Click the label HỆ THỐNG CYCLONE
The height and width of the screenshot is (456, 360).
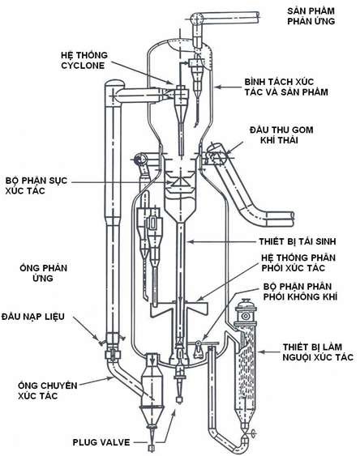click(84, 60)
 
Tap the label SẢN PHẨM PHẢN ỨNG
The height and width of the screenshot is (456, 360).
click(311, 16)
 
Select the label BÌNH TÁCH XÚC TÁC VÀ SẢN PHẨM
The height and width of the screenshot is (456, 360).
click(286, 87)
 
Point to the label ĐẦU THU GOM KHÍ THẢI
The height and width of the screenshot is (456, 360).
click(281, 134)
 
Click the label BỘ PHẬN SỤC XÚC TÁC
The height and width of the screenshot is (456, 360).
click(36, 185)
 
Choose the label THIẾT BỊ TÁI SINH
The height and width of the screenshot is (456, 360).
click(298, 241)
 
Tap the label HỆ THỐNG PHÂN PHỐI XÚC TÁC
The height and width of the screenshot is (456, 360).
click(298, 262)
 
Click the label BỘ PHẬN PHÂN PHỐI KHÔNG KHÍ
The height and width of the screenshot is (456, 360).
click(300, 292)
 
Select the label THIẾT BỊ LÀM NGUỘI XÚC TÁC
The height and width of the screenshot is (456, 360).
click(318, 352)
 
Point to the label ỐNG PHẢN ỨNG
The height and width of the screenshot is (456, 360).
click(43, 273)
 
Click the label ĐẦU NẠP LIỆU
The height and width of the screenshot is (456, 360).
click(33, 316)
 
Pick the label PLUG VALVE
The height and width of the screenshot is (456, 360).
click(101, 442)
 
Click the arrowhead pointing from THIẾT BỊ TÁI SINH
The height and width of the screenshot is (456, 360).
click(188, 241)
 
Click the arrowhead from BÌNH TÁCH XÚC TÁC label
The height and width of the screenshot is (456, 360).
click(216, 87)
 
